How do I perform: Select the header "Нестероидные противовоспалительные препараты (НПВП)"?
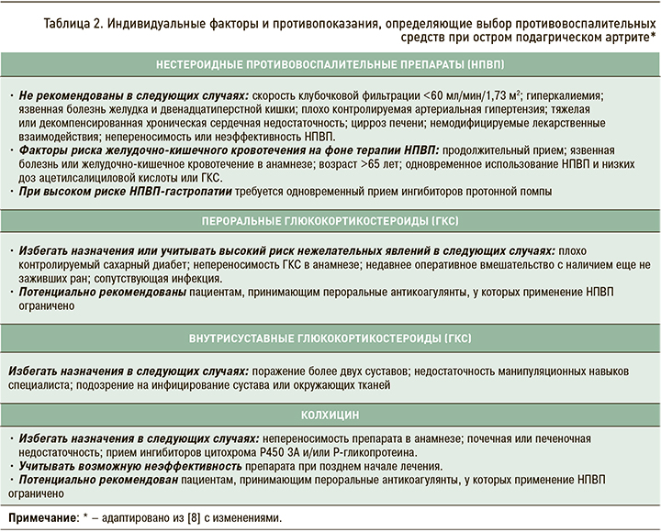(x=330, y=67)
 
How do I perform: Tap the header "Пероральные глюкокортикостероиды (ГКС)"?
(x=330, y=222)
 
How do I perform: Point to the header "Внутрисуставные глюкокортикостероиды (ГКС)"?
(x=330, y=338)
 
